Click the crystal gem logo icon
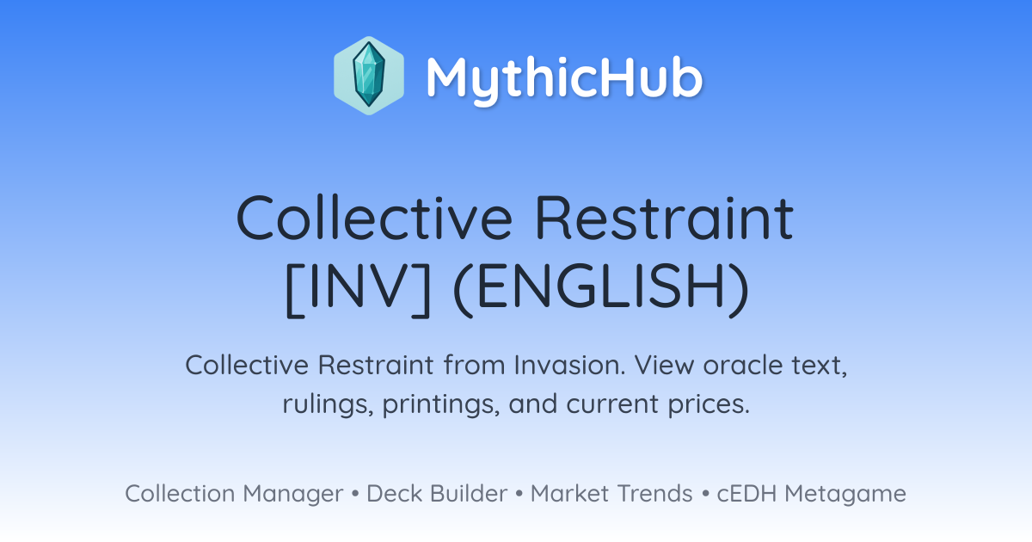point(369,76)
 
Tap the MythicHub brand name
point(564,78)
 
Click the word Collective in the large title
point(374,218)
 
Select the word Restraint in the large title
point(664,218)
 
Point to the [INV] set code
point(358,289)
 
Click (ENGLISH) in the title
point(601,289)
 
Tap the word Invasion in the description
point(569,365)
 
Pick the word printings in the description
point(441,404)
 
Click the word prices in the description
point(709,404)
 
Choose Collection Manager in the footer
point(234,494)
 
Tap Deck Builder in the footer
point(437,494)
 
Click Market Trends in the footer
point(611,494)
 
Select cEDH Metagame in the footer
point(811,494)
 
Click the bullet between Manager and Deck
point(355,494)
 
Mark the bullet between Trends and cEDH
point(705,494)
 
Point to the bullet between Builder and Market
point(519,494)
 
